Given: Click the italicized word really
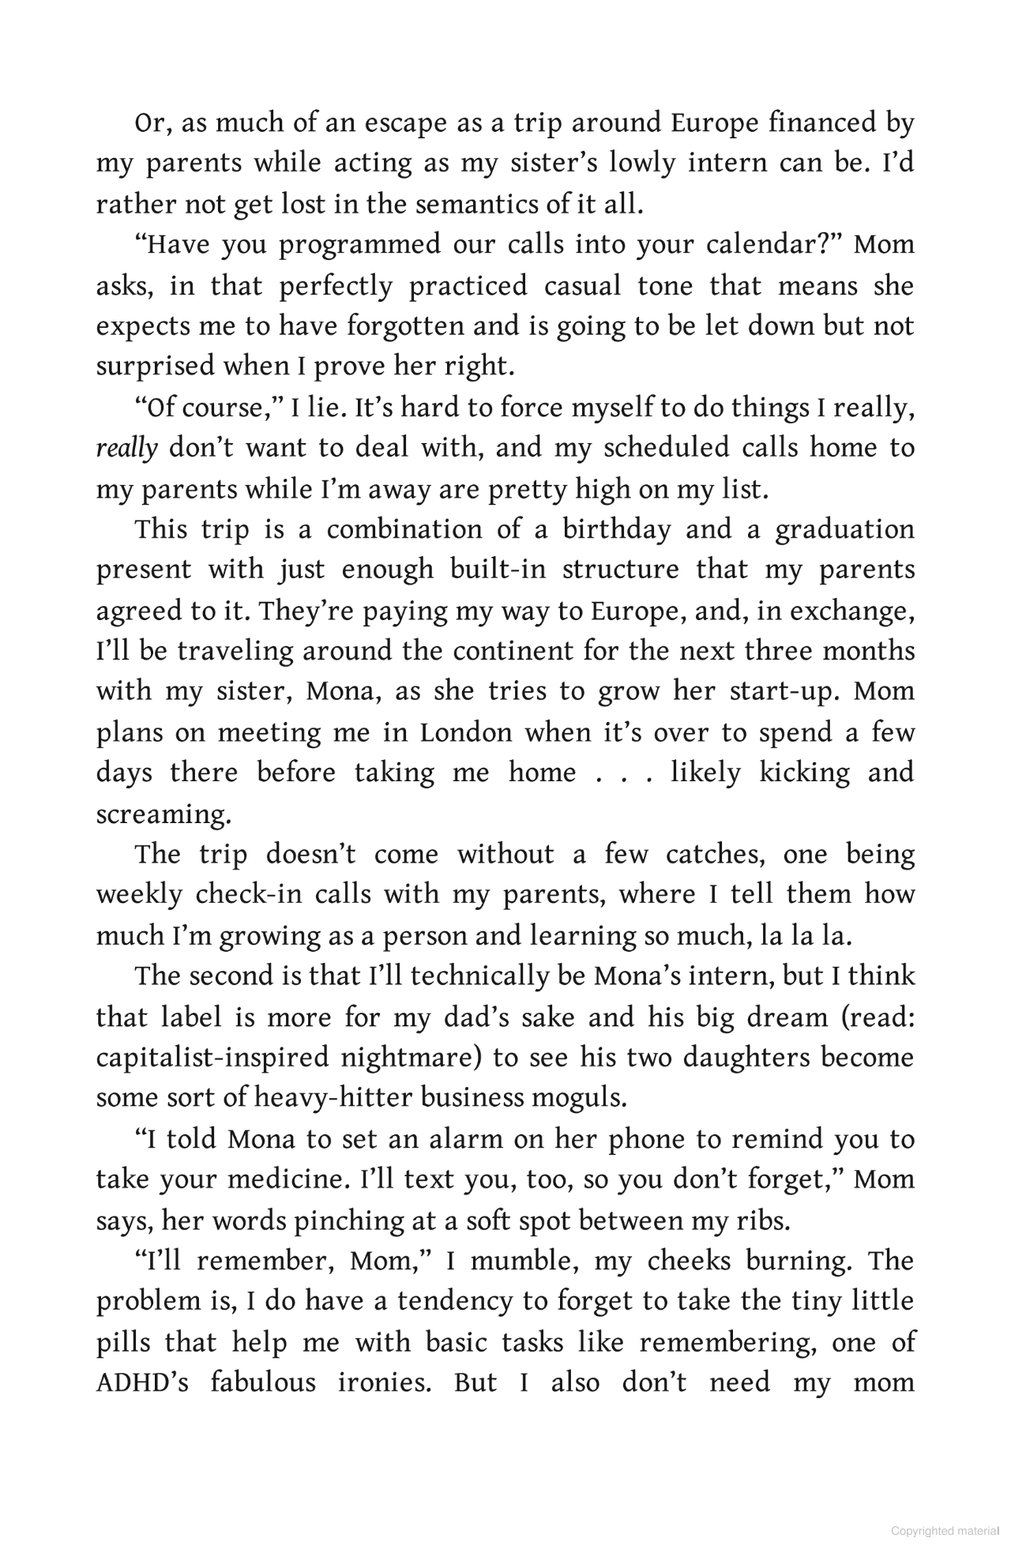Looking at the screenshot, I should click(x=126, y=449).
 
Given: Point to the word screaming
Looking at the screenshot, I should click(x=163, y=814).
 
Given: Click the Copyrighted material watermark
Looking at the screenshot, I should click(x=945, y=1531).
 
